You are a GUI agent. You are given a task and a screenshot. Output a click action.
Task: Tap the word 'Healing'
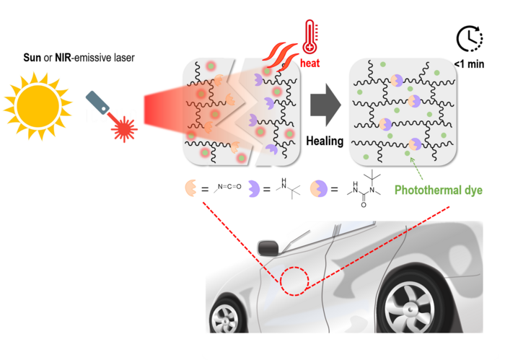[x=325, y=141]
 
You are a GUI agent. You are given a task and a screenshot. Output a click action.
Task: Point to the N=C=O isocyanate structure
[x=227, y=190]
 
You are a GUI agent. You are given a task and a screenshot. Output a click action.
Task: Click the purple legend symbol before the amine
[x=254, y=190]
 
